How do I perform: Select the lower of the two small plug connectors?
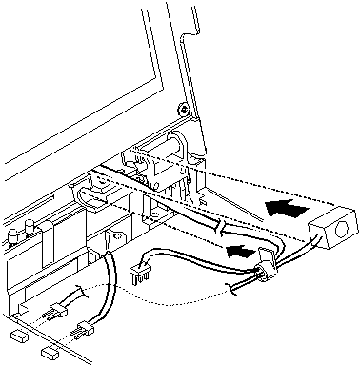point(83,331)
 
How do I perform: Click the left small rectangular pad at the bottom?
point(16,337)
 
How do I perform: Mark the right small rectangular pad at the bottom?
point(48,353)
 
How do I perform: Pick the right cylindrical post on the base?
point(32,227)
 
